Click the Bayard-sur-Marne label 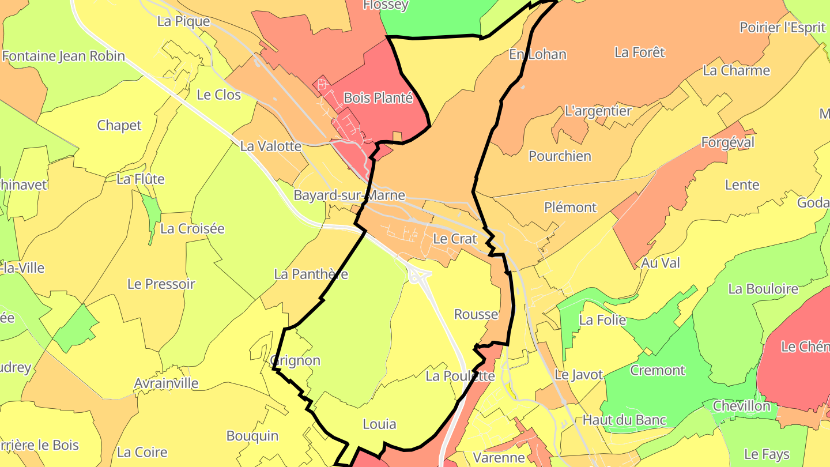(x=349, y=195)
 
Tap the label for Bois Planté (x=378, y=98)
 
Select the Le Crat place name (x=455, y=239)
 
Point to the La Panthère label (x=311, y=274)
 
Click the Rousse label (x=476, y=314)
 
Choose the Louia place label (x=379, y=424)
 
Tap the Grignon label (x=295, y=361)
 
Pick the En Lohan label (x=538, y=55)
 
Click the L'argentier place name (x=598, y=111)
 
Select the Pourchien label (x=560, y=156)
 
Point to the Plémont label (x=570, y=208)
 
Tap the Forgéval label (x=727, y=142)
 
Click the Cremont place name (x=657, y=370)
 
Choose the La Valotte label (x=270, y=146)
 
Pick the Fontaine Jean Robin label (x=63, y=57)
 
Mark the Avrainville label (x=166, y=383)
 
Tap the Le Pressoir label (x=161, y=284)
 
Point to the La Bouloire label (x=763, y=289)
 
